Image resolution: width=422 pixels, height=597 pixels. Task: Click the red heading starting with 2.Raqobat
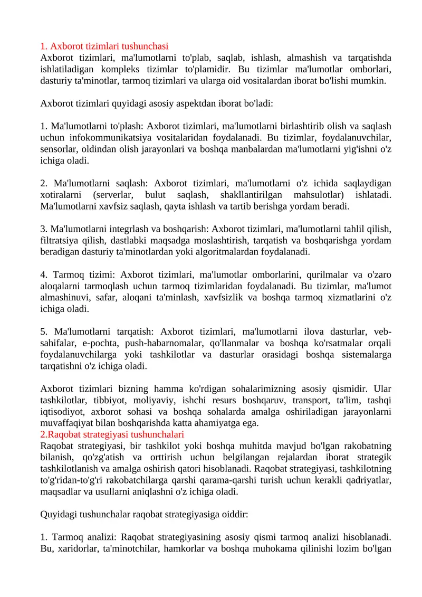point(112,434)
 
